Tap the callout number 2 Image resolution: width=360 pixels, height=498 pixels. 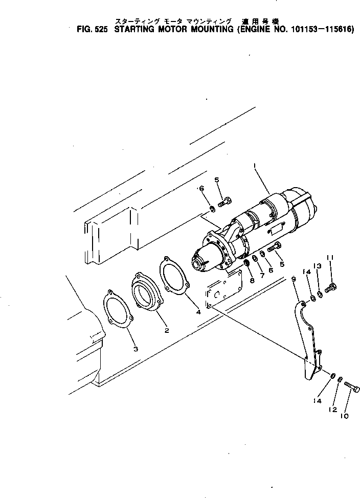167,330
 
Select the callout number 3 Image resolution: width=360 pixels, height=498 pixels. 135,349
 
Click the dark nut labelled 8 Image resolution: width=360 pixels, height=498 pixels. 246,263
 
